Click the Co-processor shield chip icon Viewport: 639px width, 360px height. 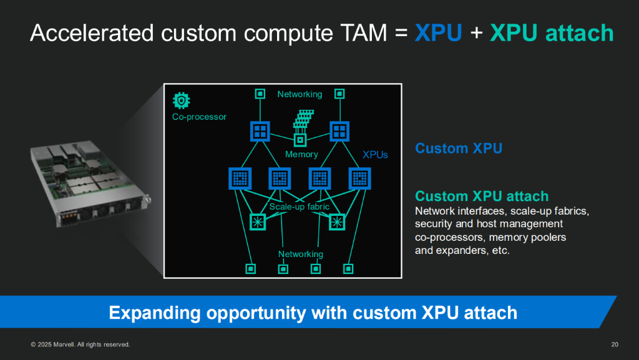(182, 100)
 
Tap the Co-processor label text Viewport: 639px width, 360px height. (199, 117)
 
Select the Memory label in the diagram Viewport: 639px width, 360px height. (301, 154)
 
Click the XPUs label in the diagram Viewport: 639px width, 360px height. (375, 155)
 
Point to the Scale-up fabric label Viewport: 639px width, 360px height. (300, 207)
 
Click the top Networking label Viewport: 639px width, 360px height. (300, 94)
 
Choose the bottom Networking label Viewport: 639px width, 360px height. (301, 254)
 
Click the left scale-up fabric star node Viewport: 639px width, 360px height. (258, 222)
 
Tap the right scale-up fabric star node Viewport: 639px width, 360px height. (337, 222)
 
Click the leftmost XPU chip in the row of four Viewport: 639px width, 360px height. (240, 178)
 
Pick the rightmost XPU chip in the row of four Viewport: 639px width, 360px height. (360, 178)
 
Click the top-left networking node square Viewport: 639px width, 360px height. (260, 94)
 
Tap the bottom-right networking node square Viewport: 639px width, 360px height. (348, 269)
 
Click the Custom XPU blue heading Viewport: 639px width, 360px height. (459, 148)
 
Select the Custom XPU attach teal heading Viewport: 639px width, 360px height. (482, 197)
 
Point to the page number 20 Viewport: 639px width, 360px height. (615, 344)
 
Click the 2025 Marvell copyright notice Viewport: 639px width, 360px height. (80, 344)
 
